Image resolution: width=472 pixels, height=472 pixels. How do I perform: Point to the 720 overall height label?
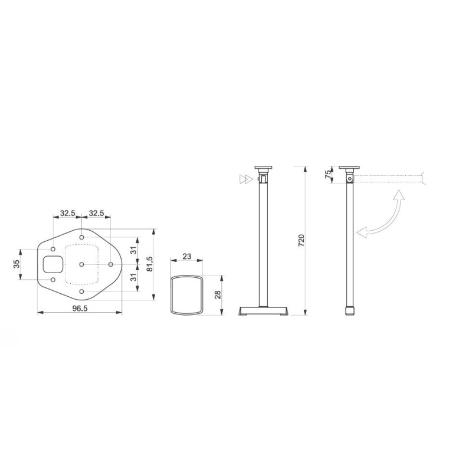(301, 241)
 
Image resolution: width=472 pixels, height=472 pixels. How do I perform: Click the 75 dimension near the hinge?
(327, 174)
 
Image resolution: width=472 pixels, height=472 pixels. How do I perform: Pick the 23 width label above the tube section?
(186, 256)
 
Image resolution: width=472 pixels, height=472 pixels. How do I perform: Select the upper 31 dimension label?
(133, 250)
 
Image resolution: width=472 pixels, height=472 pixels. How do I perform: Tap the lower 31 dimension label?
(133, 276)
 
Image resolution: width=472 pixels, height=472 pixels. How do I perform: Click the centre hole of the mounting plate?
(81, 264)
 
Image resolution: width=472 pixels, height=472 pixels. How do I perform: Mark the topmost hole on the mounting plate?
(81, 238)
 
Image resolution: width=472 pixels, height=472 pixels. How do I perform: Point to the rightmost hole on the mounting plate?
(110, 264)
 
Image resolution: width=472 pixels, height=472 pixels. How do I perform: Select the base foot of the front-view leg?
(263, 311)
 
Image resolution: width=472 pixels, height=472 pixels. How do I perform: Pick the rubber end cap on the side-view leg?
(348, 312)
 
